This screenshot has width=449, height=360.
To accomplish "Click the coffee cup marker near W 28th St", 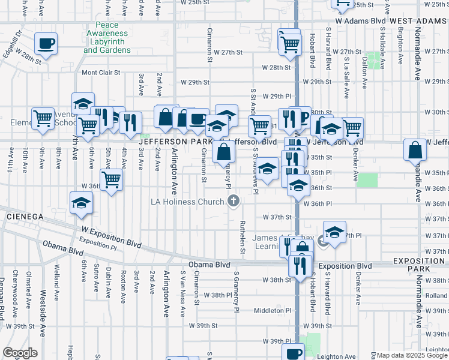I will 46,43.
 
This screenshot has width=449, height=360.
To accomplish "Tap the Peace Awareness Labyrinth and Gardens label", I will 107,37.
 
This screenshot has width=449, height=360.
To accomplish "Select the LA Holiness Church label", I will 187,202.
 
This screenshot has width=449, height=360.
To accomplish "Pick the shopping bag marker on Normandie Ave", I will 415,150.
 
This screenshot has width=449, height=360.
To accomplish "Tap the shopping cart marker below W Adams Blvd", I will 289,43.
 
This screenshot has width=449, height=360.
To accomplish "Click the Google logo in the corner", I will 20,353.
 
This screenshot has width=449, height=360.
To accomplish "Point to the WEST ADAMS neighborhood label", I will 418,20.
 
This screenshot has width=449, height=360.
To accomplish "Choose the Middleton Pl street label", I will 272,310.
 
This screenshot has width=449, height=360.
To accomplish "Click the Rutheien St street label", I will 243,235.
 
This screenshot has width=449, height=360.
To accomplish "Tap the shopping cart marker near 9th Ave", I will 43,119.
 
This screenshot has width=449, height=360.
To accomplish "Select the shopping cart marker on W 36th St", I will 111,179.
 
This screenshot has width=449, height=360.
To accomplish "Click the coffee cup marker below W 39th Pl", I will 294,353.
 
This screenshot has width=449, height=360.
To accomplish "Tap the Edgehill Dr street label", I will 13,43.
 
